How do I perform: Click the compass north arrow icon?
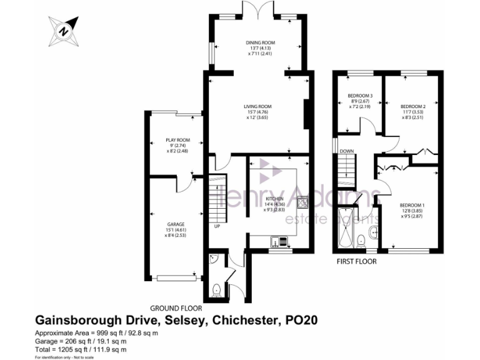(63, 29)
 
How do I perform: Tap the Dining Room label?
(260, 48)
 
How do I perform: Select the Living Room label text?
(257, 112)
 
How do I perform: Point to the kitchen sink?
(279, 240)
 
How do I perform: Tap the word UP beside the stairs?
(217, 226)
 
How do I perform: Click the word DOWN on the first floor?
(347, 151)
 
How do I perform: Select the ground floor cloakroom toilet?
(216, 289)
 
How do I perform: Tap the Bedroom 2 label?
(413, 111)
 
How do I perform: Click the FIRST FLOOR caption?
(356, 262)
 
